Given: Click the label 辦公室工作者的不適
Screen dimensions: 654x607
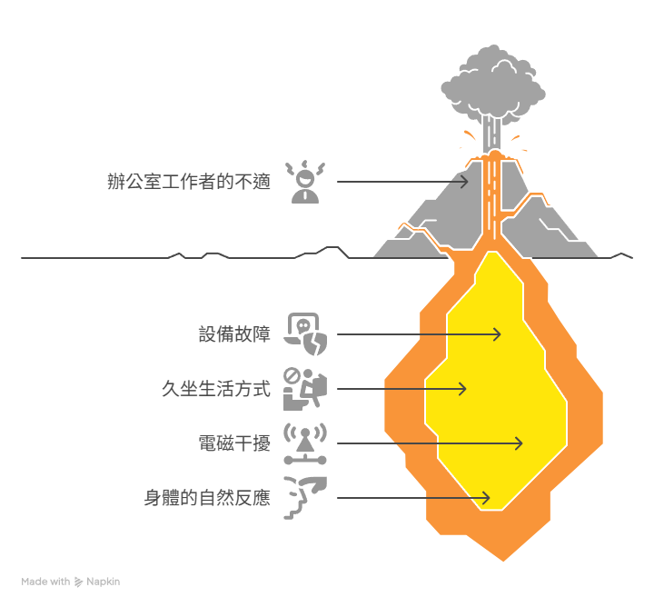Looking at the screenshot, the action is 189,182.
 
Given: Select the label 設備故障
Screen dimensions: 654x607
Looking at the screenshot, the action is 234,334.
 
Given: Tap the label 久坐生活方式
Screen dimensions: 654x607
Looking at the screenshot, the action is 216,389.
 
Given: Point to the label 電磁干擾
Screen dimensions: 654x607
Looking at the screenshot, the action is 234,443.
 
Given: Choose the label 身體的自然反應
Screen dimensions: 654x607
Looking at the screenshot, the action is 207,498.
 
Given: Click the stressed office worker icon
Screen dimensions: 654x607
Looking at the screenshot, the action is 305,182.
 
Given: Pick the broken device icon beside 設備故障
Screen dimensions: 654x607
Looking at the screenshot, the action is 305,334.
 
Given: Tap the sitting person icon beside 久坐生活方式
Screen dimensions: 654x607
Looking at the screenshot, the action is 305,389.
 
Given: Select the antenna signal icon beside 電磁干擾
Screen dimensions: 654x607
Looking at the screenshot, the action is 305,443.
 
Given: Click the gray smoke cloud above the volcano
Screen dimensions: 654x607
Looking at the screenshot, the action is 493,84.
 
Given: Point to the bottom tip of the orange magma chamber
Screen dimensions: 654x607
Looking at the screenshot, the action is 503,561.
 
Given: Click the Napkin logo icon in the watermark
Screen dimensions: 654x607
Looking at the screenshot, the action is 78,582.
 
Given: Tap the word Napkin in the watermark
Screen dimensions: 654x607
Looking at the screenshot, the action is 103,582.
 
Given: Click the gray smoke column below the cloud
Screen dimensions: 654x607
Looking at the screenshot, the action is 491,134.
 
